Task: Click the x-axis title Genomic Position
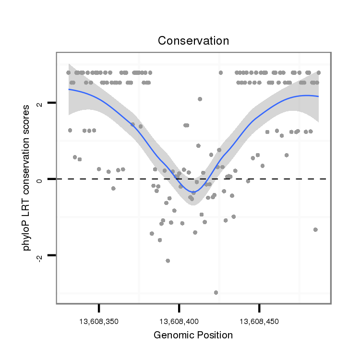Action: tap(193, 335)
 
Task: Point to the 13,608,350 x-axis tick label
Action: tap(99, 321)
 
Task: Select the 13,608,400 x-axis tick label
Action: tap(179, 321)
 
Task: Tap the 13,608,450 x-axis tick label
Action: tap(259, 321)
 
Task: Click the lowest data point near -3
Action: tap(216, 292)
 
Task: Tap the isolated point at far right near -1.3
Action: tap(315, 230)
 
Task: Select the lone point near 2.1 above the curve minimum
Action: tap(200, 99)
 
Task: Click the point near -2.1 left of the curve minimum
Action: tap(168, 261)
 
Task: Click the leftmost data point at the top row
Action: tap(68, 72)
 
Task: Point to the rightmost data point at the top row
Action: tap(319, 72)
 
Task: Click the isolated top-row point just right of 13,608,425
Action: tap(221, 72)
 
